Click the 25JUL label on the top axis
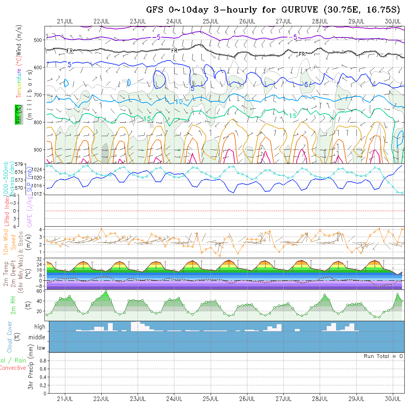click(210, 21)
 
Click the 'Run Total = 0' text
click(383, 356)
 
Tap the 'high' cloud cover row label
click(40, 327)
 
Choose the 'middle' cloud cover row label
click(37, 338)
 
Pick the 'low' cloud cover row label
click(41, 348)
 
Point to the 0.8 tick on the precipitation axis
click(43, 361)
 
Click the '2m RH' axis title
click(13, 305)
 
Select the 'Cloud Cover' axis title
click(10, 337)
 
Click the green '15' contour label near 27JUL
click(293, 116)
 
